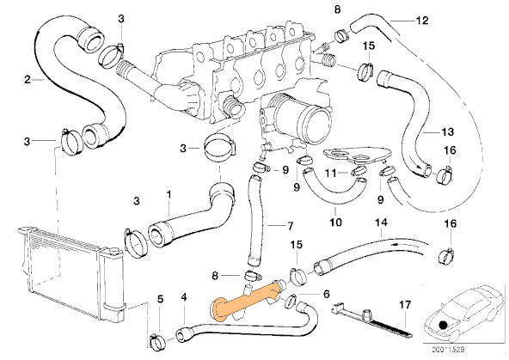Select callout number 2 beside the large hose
(28, 79)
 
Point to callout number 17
(405, 305)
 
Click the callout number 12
(422, 21)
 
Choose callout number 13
(447, 132)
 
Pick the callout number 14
(381, 223)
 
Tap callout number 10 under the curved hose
(335, 223)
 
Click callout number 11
(331, 174)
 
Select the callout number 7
(290, 226)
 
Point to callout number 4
(184, 297)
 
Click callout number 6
(326, 294)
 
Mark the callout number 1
(169, 194)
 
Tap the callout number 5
(161, 299)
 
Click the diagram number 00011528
(448, 350)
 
